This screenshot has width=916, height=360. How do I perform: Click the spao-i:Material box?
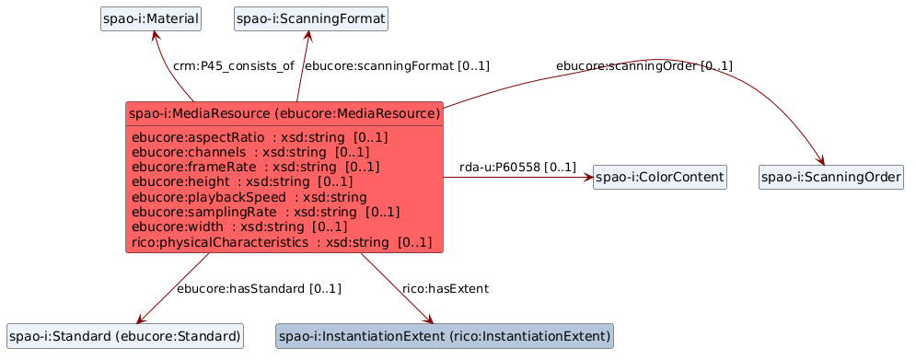(x=151, y=19)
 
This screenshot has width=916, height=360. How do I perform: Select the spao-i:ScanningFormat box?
(x=311, y=19)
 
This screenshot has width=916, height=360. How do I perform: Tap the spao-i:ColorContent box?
(x=659, y=177)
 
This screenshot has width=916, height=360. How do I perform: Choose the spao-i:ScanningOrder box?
(x=831, y=177)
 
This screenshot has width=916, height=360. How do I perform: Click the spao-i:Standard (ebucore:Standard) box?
(x=125, y=337)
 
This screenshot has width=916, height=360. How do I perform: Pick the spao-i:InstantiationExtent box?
(x=445, y=337)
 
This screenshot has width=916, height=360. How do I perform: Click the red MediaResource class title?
(x=284, y=113)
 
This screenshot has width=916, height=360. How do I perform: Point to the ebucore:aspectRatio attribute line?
(x=260, y=138)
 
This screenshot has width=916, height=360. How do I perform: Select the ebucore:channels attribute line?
(x=250, y=153)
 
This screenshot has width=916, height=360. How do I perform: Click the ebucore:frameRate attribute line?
(x=256, y=168)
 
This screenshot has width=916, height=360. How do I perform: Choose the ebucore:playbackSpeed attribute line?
(x=249, y=197)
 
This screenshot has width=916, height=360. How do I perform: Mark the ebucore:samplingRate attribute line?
(x=266, y=212)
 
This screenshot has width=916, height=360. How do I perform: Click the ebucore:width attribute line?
(x=239, y=226)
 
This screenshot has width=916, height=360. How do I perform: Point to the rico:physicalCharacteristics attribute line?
(x=282, y=241)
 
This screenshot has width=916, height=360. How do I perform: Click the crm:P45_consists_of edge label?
(x=234, y=66)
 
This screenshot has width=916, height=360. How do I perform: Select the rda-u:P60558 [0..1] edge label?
(x=517, y=168)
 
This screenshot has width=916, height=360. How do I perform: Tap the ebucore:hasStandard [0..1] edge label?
(x=259, y=288)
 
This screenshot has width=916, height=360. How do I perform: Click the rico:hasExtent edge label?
(x=446, y=288)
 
